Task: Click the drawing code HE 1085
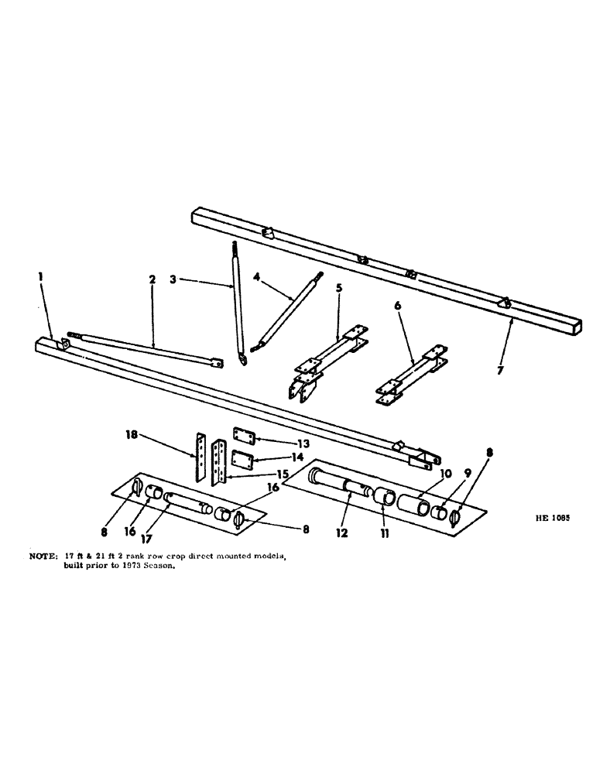pyautogui.click(x=552, y=521)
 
